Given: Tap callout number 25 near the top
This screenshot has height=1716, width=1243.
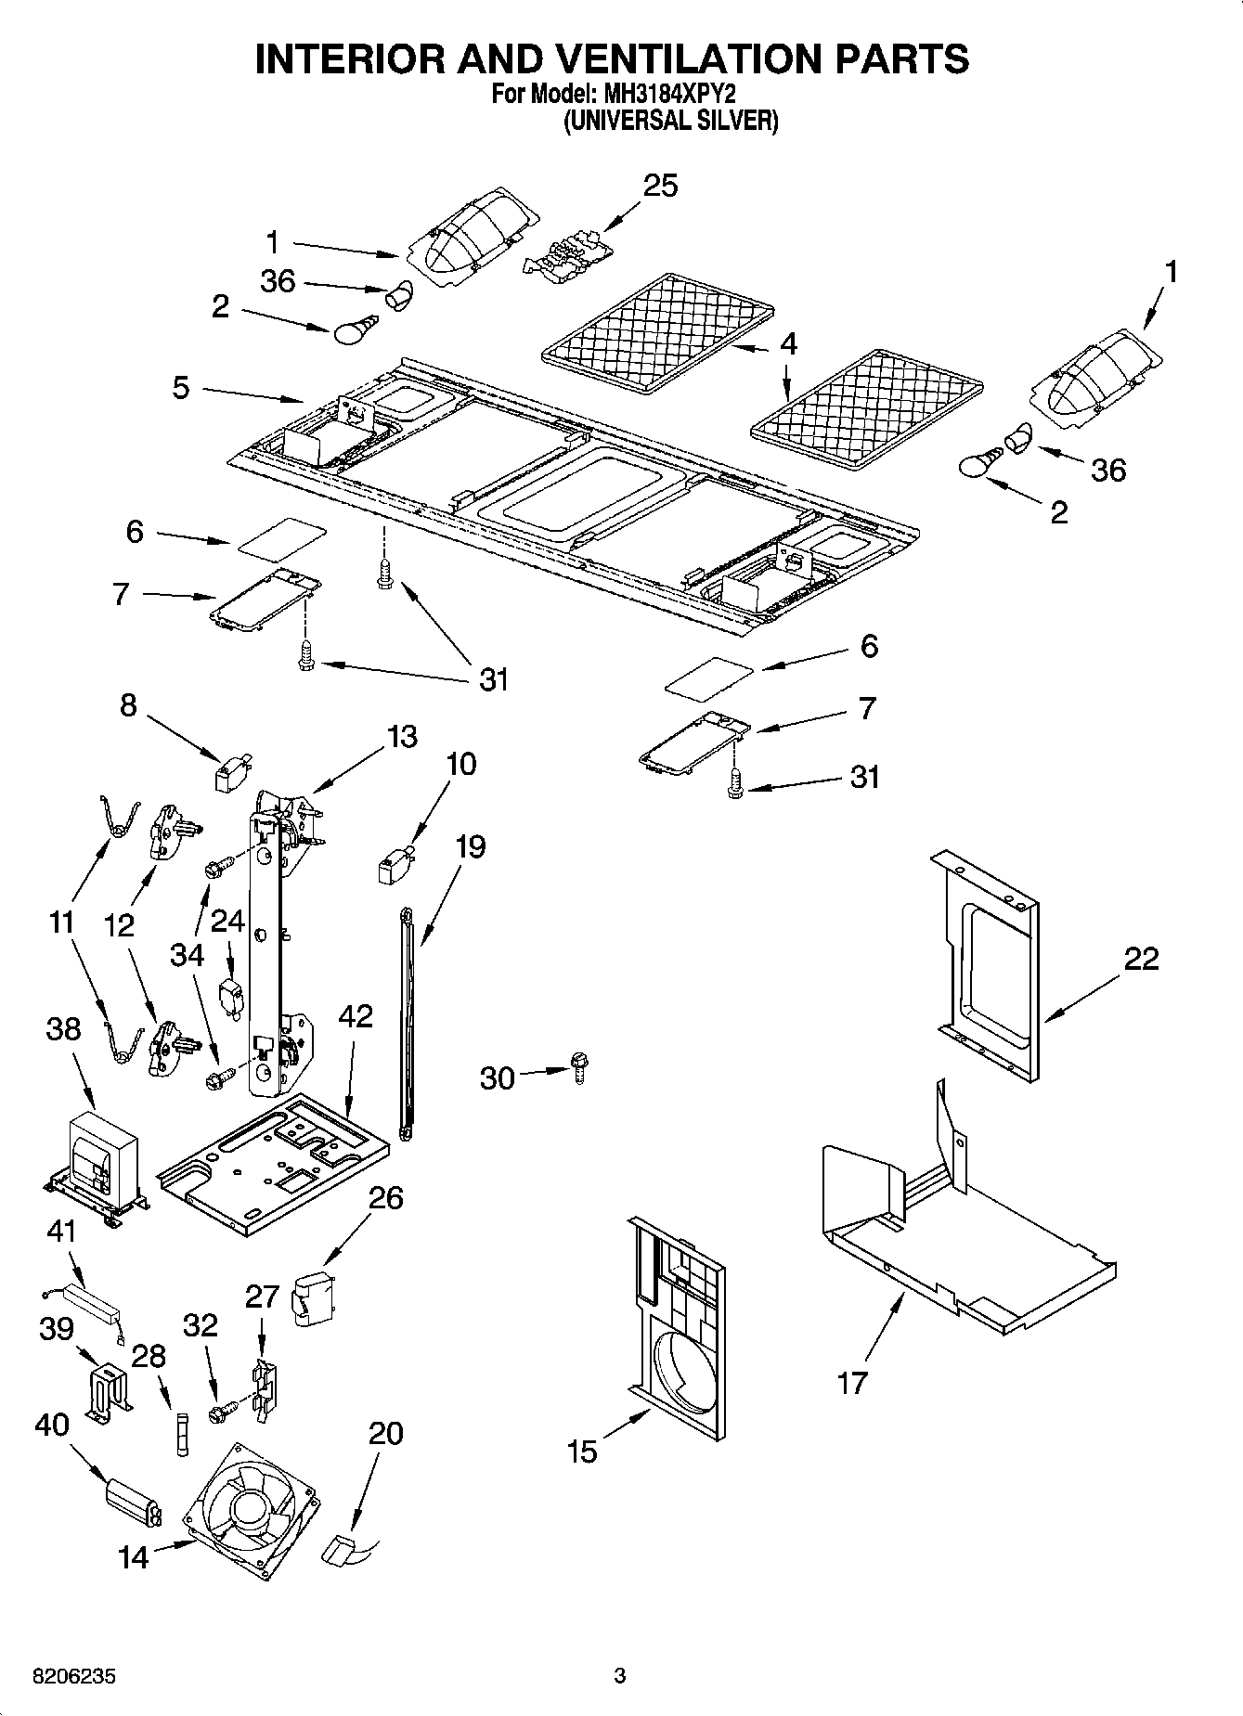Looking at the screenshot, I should pyautogui.click(x=660, y=186).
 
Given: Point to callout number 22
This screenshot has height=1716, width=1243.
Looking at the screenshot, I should pyautogui.click(x=1141, y=958).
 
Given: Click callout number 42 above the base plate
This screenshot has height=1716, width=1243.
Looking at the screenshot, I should pyautogui.click(x=355, y=1015).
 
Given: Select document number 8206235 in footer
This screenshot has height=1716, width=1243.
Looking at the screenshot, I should pyautogui.click(x=74, y=1677).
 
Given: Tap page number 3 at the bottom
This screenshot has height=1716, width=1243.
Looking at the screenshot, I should pyautogui.click(x=619, y=1676).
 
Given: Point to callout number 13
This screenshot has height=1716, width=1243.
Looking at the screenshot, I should pyautogui.click(x=401, y=736).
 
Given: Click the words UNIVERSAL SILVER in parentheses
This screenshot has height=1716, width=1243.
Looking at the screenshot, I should pyautogui.click(x=671, y=121).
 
